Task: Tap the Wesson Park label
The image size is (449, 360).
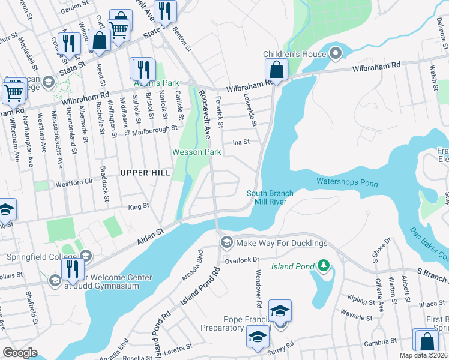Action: [x=197, y=152]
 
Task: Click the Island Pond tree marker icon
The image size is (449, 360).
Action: [x=324, y=265]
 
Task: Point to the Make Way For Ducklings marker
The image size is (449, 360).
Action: [x=226, y=243]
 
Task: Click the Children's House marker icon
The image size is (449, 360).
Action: [x=336, y=54]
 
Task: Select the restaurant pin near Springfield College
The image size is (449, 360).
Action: [x=73, y=269]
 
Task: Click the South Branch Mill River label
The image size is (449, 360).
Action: [x=270, y=197]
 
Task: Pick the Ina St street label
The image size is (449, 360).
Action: [x=241, y=142]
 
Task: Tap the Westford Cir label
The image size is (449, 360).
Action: [x=74, y=181]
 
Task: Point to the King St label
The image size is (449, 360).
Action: [x=138, y=206]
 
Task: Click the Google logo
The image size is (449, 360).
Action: [x=20, y=353]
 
